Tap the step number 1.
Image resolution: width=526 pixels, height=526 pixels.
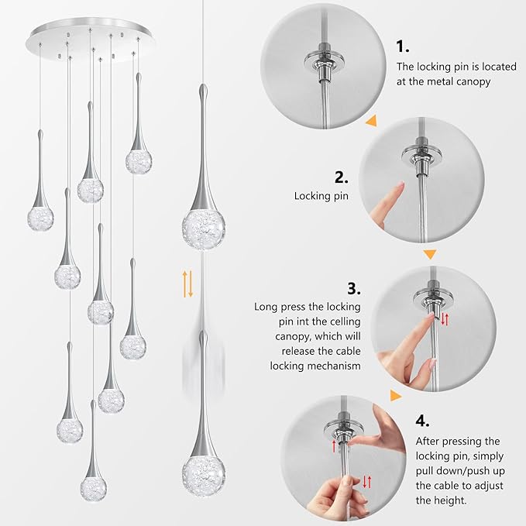404,46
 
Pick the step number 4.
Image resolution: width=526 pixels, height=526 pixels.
423,421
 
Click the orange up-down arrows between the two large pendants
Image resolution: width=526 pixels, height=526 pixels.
187,284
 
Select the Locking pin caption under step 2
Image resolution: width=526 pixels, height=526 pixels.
321,197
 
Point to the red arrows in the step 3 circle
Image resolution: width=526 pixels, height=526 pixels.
445,319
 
